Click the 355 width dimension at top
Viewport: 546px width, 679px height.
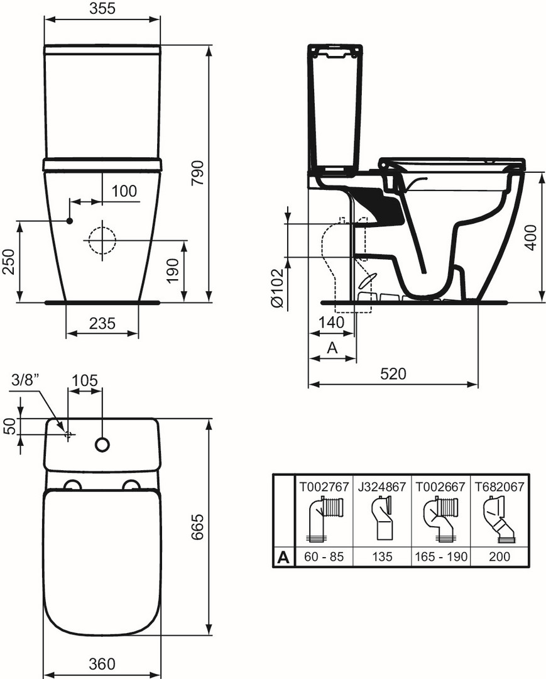pyautogui.click(x=102, y=8)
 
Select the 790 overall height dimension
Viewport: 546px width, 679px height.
pyautogui.click(x=197, y=173)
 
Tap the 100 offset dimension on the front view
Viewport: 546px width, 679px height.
pyautogui.click(x=124, y=190)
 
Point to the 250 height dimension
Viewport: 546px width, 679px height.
pyautogui.click(x=9, y=261)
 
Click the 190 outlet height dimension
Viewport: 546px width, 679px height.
pyautogui.click(x=173, y=270)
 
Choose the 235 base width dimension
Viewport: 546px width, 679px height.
pyautogui.click(x=102, y=323)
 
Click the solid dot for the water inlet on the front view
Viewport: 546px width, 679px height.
pyautogui.click(x=69, y=221)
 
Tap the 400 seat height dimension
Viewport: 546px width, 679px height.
pyautogui.click(x=532, y=237)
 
